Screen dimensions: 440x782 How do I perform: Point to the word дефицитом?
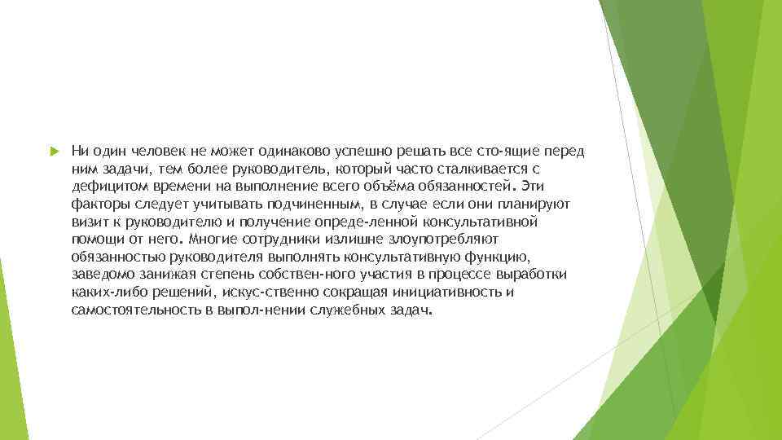(102, 186)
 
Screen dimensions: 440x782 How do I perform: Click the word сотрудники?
(280, 240)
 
